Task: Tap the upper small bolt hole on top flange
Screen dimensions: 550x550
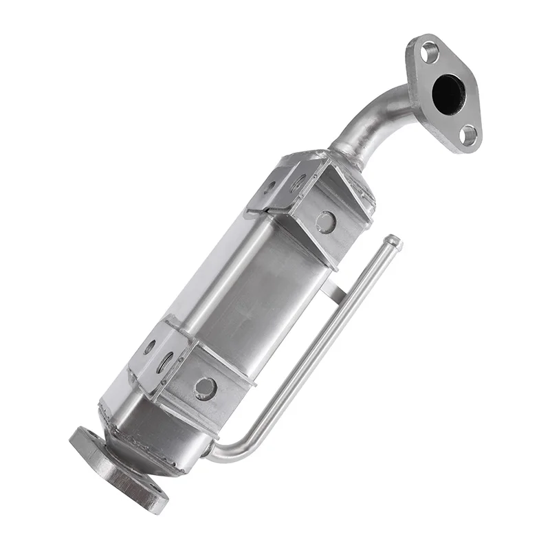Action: pos(430,51)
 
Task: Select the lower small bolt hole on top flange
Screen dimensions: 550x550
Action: pos(470,135)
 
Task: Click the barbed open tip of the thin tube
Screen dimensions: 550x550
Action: pos(394,241)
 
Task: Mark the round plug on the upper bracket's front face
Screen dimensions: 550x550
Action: pos(325,221)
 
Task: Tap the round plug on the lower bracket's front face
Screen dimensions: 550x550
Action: pos(204,388)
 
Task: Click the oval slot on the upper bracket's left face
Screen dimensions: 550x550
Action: pos(298,183)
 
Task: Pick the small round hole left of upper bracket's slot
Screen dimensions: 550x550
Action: pos(270,185)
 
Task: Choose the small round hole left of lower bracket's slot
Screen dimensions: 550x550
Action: pos(148,347)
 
